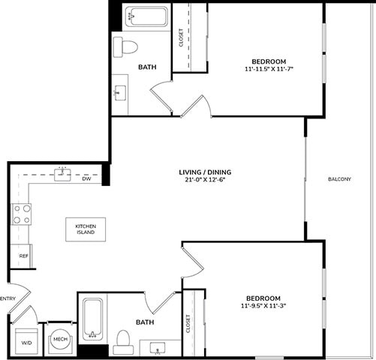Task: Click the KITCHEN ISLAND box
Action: point(85,229)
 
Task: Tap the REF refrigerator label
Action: point(23,256)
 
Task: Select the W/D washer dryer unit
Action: point(26,342)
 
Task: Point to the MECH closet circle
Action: point(60,341)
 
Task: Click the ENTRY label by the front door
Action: point(8,298)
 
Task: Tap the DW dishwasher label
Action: point(86,179)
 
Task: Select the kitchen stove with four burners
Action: point(22,214)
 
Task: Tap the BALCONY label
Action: point(340,179)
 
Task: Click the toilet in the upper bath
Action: point(126,47)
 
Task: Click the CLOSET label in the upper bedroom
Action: point(182,38)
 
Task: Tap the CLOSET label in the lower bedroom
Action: point(187,323)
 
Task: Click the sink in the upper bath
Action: point(120,94)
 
